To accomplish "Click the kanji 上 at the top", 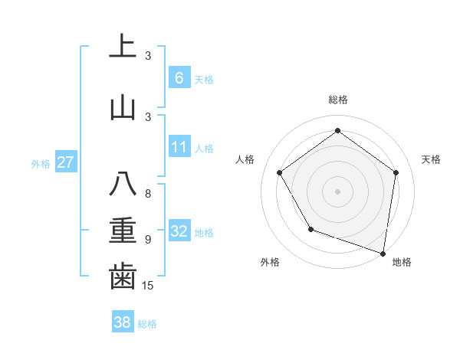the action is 123,46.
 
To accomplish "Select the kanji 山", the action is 123,107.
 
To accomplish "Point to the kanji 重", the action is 123,231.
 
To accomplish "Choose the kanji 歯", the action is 123,277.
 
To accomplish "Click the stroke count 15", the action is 149,286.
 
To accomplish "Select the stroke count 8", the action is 148,194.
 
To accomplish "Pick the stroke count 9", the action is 148,240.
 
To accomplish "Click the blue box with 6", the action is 179,77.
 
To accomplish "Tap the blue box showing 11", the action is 179,147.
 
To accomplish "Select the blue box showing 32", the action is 179,231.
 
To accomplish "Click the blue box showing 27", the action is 65,162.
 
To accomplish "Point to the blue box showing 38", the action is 122,322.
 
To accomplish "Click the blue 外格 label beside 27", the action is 41,163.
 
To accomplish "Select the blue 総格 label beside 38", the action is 147,324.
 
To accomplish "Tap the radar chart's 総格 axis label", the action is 337,100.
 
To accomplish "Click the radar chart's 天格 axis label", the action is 431,159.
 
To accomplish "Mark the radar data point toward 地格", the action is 383,253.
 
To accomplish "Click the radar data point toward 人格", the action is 280,172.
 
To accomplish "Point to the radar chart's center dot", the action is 337,191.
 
